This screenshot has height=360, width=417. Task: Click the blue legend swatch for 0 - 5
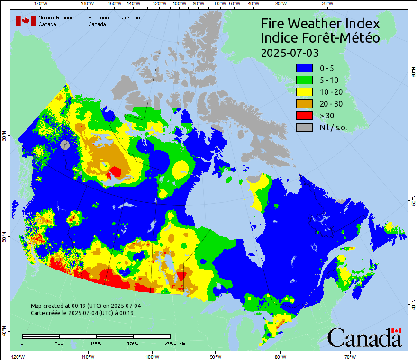(x=304, y=68)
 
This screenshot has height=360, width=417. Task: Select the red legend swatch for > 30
(x=304, y=115)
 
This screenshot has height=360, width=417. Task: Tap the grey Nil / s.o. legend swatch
(x=304, y=127)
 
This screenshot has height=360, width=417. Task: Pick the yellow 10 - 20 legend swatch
(x=304, y=91)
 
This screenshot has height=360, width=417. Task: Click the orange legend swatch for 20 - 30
(x=304, y=103)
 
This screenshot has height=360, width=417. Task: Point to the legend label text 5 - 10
(x=330, y=80)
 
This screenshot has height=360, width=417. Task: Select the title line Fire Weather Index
(x=320, y=24)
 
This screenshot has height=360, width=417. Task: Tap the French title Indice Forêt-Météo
(x=320, y=38)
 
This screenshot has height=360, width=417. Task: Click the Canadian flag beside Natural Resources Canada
(x=26, y=21)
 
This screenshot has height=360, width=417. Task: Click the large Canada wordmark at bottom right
(x=364, y=337)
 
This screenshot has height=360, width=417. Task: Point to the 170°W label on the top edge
(x=41, y=4)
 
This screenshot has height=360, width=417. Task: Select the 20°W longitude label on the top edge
(x=326, y=4)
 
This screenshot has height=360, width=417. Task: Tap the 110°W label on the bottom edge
(x=87, y=356)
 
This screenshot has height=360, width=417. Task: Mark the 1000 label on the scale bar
(x=96, y=343)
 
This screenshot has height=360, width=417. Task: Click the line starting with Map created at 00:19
(x=86, y=306)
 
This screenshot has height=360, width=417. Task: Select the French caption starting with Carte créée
(x=82, y=313)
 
